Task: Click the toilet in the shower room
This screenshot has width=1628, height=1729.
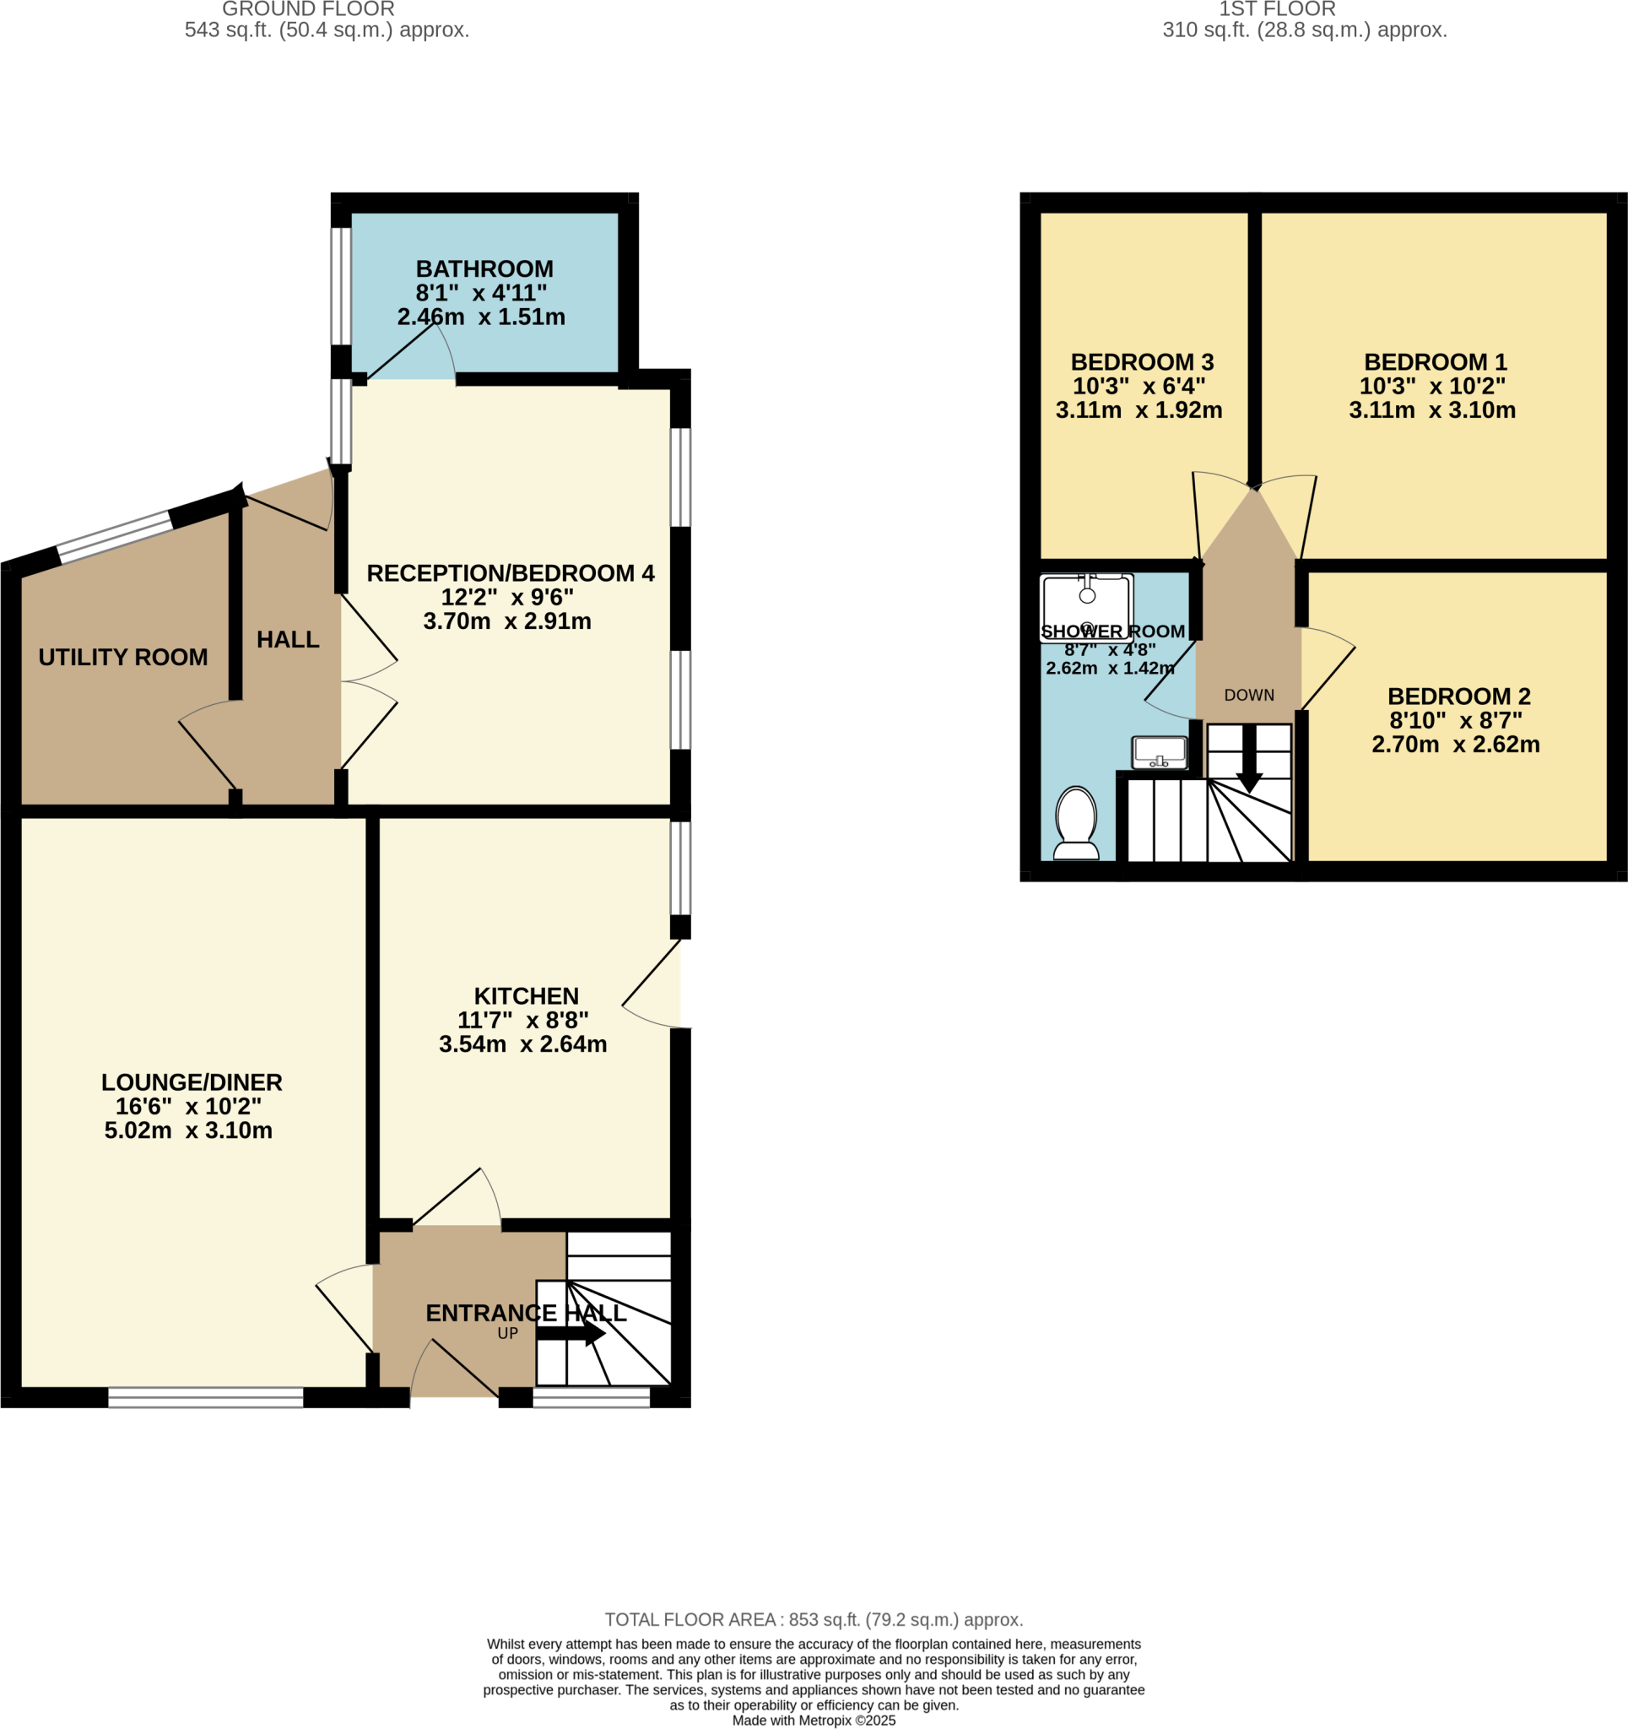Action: [1076, 823]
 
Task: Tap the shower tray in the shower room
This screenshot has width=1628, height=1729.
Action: [1086, 608]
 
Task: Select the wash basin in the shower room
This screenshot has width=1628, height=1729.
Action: [1160, 753]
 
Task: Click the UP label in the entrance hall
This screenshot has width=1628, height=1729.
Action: [508, 1333]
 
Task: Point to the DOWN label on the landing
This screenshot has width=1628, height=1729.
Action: [1249, 695]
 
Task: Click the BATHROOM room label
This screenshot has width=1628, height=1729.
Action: [484, 269]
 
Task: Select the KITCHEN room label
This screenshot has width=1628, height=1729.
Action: [526, 996]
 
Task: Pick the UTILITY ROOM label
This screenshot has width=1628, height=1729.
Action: [122, 658]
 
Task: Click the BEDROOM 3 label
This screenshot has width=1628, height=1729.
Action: [1142, 362]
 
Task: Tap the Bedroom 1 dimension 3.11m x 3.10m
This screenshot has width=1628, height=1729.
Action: [1431, 410]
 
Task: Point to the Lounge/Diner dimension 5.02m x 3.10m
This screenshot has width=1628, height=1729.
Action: [189, 1130]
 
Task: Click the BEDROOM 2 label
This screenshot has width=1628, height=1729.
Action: [1458, 696]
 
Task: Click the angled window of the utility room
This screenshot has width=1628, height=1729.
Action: [114, 537]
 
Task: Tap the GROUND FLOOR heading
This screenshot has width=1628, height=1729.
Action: [309, 9]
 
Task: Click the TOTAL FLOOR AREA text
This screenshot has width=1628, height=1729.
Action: [813, 1619]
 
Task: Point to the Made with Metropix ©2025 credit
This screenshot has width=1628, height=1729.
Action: [813, 1721]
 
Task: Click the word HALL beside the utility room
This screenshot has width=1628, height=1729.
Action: [288, 640]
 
